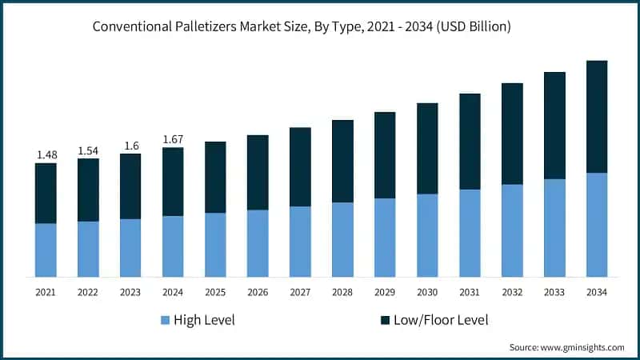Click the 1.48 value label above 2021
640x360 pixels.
click(46, 154)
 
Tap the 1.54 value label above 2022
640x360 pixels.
click(88, 150)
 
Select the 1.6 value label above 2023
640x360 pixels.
click(130, 146)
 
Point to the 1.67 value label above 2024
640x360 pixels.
click(173, 139)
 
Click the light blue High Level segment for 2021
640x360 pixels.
click(46, 250)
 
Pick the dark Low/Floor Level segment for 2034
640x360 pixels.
click(597, 117)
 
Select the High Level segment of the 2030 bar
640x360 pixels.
click(427, 235)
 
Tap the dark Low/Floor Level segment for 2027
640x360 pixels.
click(300, 167)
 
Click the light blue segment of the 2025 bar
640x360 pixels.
click(215, 245)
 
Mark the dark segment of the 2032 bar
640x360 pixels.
click(512, 134)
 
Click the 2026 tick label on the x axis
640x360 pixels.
click(258, 293)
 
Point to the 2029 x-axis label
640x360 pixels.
click(385, 293)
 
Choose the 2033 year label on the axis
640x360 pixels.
click(554, 293)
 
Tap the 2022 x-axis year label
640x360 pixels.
click(88, 293)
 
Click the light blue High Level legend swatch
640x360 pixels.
click(165, 321)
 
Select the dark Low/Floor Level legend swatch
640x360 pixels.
click(386, 321)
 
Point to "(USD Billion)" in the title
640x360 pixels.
click(471, 26)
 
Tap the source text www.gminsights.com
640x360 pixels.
click(583, 347)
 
